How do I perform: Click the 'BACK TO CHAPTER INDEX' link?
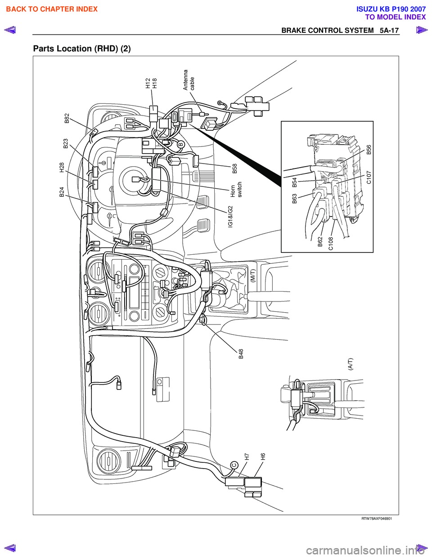[x=52, y=9]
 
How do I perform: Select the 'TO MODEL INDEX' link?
[x=395, y=17]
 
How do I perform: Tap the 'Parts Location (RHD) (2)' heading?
[x=82, y=49]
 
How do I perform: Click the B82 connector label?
[x=67, y=118]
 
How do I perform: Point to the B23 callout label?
[x=66, y=143]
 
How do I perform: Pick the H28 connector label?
[x=62, y=168]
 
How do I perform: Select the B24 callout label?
[x=62, y=192]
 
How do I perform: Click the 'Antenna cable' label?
[x=189, y=80]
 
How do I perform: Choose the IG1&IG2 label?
[x=230, y=217]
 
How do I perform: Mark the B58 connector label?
[x=234, y=168]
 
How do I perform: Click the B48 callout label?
[x=241, y=354]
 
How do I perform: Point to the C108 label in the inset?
[x=331, y=243]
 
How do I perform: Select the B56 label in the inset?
[x=369, y=150]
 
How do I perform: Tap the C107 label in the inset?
[x=369, y=177]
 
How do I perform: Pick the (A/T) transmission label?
[x=350, y=363]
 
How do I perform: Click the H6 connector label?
[x=263, y=456]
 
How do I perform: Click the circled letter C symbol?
[x=234, y=465]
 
